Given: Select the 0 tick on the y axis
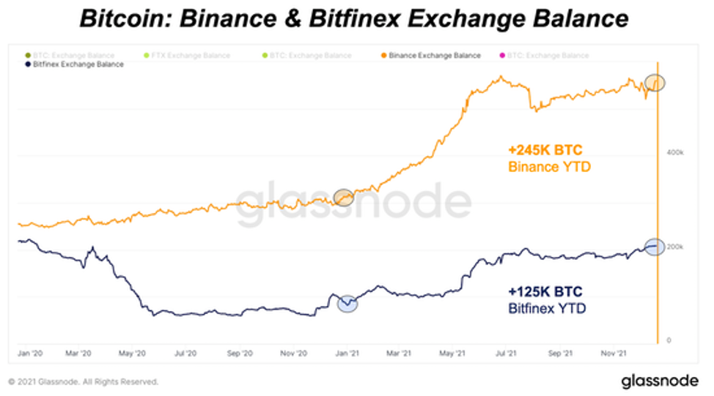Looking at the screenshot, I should pyautogui.click(x=668, y=340).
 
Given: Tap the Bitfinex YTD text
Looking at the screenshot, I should pyautogui.click(x=546, y=309).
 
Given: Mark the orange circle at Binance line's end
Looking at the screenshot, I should pyautogui.click(x=655, y=83).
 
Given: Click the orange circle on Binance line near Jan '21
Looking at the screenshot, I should pyautogui.click(x=343, y=197).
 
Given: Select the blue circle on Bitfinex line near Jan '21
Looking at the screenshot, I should pyautogui.click(x=347, y=303).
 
